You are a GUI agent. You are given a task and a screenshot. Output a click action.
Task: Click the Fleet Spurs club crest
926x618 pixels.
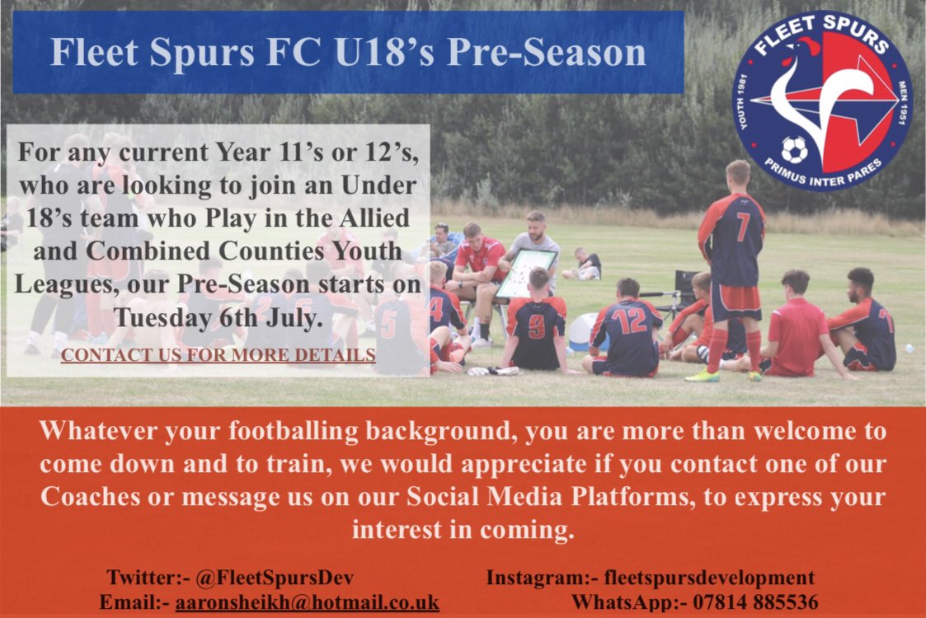(x=822, y=101)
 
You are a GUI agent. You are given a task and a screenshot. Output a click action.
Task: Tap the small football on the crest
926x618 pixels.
(x=793, y=150)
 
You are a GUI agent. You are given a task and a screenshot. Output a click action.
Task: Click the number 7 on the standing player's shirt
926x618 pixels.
(x=743, y=226)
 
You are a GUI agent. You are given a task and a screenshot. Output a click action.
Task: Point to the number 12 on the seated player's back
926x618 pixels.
(x=630, y=320)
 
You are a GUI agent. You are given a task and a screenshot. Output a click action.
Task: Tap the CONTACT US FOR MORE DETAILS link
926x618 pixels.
(x=218, y=355)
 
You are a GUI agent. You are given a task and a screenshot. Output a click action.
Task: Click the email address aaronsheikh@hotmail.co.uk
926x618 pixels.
(x=307, y=602)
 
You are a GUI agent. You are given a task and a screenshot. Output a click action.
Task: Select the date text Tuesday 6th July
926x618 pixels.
(x=218, y=318)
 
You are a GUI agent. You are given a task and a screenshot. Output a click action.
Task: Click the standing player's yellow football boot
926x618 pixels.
(x=703, y=375)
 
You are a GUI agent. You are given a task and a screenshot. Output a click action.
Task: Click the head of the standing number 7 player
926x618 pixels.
(x=737, y=174)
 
